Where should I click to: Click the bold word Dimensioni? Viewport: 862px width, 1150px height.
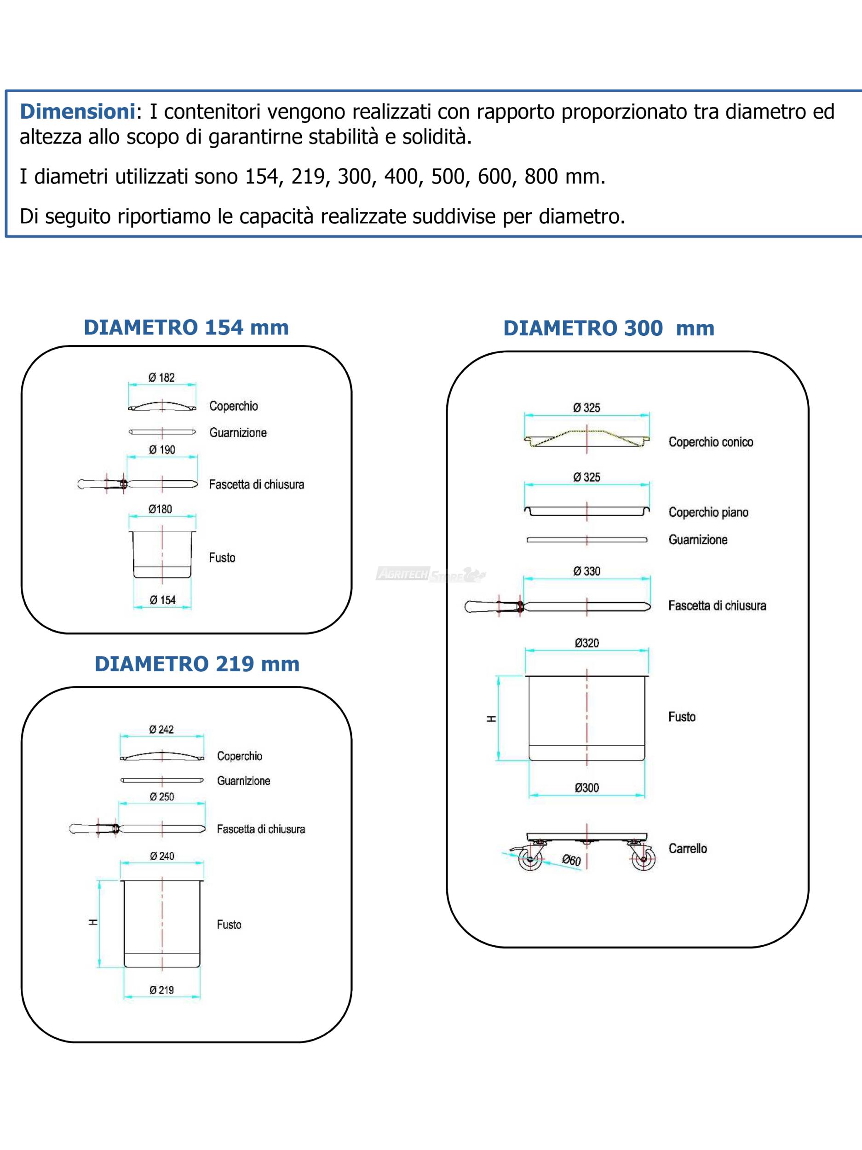pos(77,112)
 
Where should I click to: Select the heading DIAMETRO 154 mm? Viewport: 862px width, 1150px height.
pos(186,328)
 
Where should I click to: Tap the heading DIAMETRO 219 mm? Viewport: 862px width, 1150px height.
pos(197,664)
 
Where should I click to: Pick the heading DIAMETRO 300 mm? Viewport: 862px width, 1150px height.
pos(609,328)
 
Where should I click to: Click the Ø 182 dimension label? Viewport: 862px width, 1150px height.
pos(162,378)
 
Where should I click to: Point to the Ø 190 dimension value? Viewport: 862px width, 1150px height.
pos(162,450)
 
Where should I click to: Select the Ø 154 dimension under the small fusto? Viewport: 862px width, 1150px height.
pos(163,600)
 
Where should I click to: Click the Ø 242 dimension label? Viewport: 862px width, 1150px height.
pos(161,730)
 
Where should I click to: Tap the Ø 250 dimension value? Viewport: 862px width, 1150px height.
pos(162,796)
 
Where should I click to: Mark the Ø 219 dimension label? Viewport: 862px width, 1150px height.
pos(162,990)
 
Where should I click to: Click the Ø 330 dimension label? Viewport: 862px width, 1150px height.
pos(586,571)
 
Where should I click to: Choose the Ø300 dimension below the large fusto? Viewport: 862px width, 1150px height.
pos(586,788)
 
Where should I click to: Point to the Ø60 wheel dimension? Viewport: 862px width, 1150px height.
pos(571,860)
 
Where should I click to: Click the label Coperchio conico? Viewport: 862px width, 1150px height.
pos(711,442)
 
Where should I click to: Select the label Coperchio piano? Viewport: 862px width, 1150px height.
pos(708,512)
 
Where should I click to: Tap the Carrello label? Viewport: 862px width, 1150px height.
pos(687,848)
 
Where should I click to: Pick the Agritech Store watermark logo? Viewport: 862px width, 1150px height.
pos(431,575)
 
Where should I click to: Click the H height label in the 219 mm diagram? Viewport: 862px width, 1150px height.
pos(93,922)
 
